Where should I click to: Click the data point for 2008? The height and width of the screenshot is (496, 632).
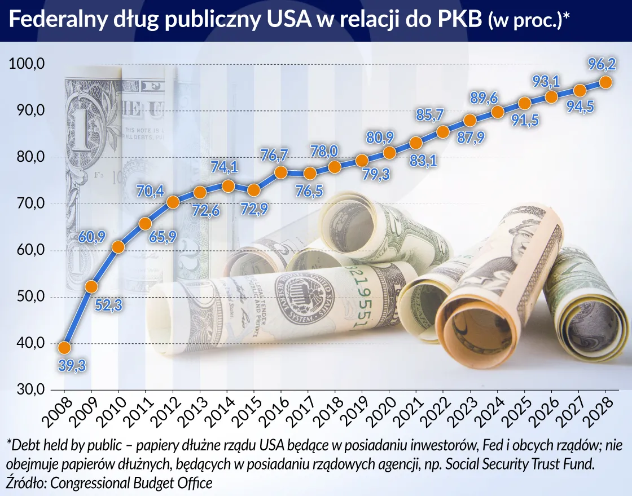pyautogui.click(x=64, y=347)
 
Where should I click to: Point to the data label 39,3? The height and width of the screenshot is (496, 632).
pyautogui.click(x=71, y=367)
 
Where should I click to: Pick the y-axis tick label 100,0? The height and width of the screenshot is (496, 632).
pyautogui.click(x=27, y=64)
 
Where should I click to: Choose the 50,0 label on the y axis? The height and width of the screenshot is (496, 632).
pyautogui.click(x=27, y=297)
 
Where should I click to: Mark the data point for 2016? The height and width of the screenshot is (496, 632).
pyautogui.click(x=281, y=173)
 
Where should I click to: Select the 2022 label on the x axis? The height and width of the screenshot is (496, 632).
pyautogui.click(x=436, y=411)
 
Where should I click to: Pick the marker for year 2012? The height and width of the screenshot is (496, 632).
pyautogui.click(x=173, y=202)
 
